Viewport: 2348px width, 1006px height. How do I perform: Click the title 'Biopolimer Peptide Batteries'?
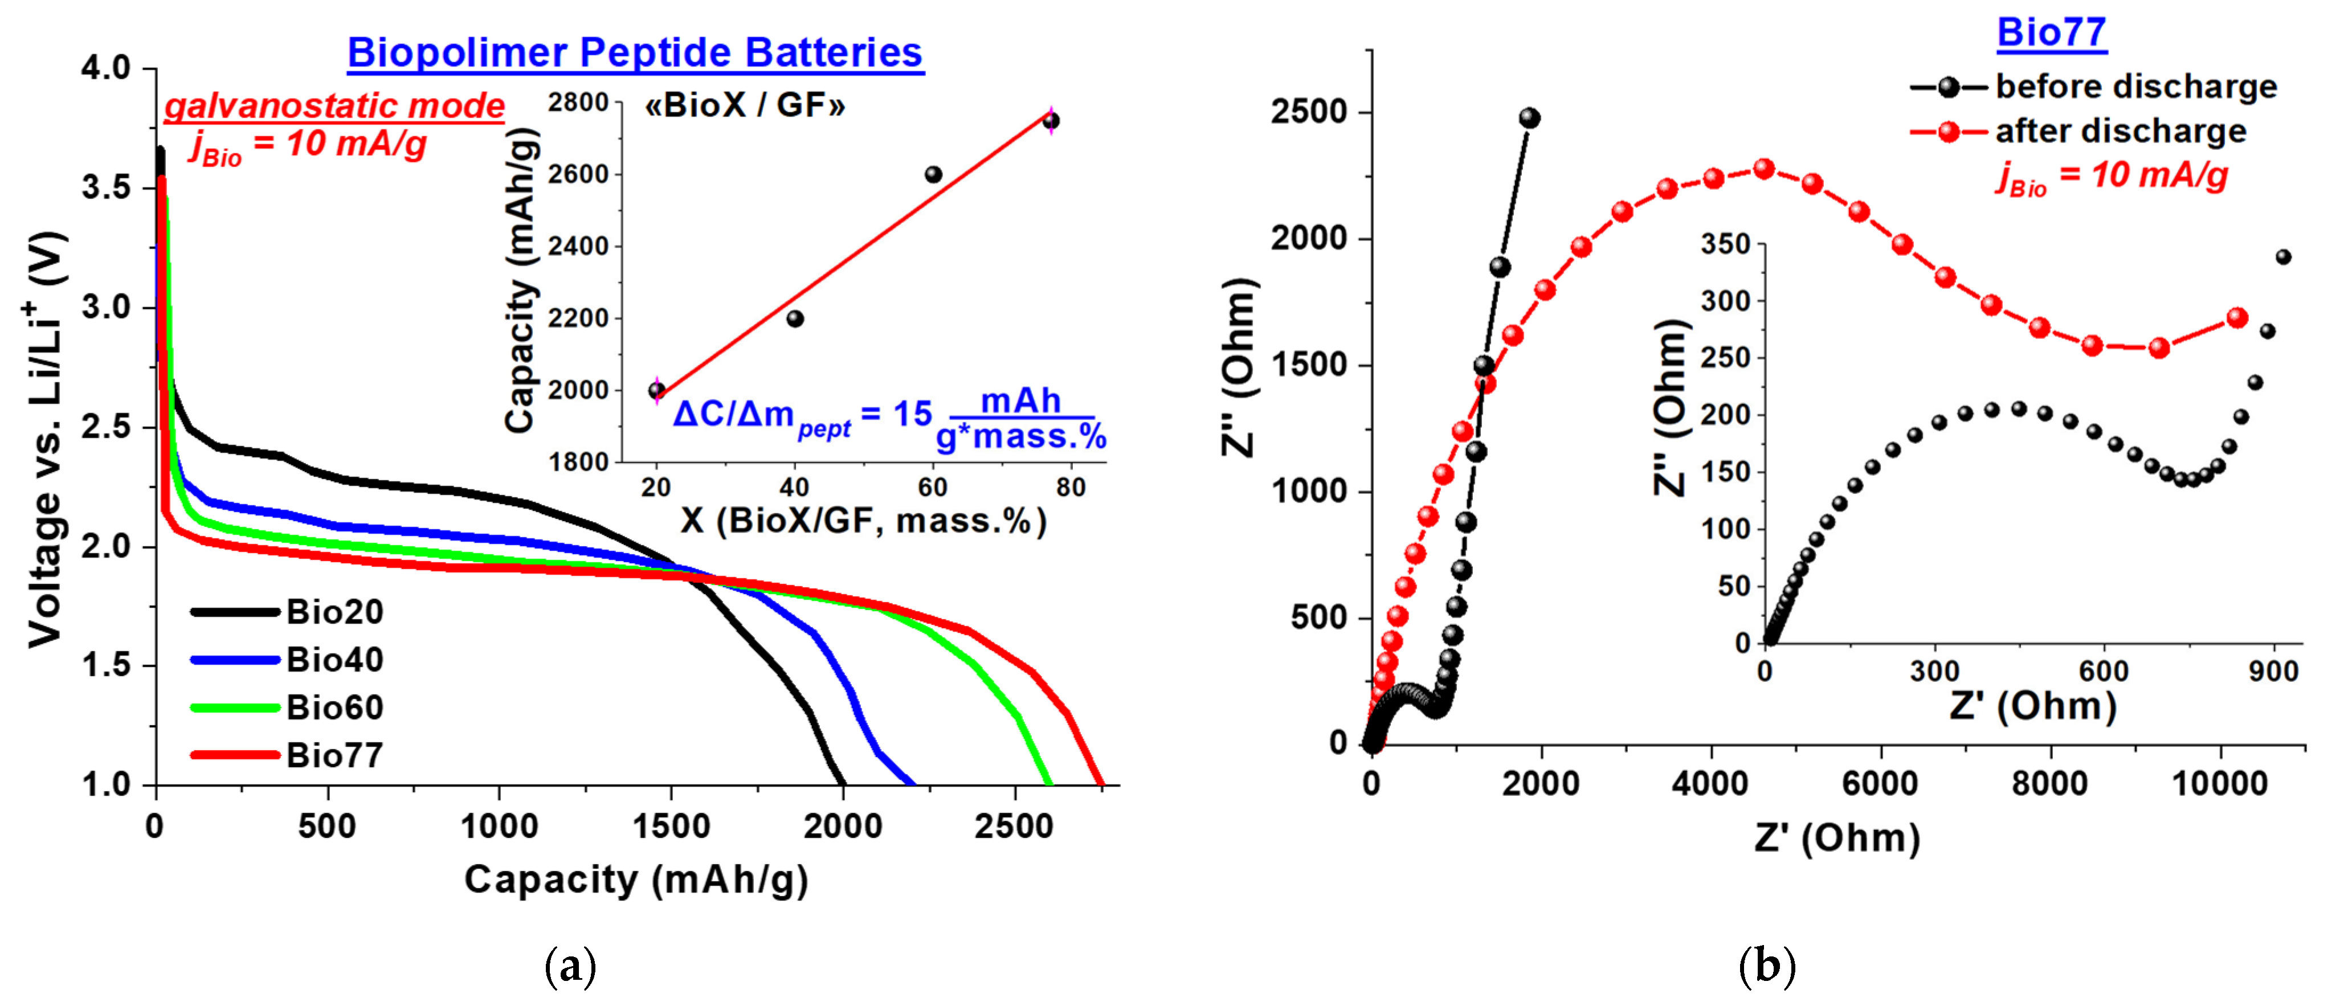(635, 53)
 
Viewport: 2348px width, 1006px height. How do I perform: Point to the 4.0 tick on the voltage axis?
(106, 68)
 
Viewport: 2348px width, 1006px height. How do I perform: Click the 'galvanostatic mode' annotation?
(334, 106)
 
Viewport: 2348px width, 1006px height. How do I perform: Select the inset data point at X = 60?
(933, 174)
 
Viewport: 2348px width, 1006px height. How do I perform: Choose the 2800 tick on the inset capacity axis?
(578, 102)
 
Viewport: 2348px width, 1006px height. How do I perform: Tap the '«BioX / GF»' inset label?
(745, 106)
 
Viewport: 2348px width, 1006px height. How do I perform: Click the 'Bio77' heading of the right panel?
(2051, 33)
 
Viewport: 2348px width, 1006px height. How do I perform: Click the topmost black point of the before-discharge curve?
(1529, 117)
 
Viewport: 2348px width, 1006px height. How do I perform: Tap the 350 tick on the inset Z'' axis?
(1726, 244)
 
